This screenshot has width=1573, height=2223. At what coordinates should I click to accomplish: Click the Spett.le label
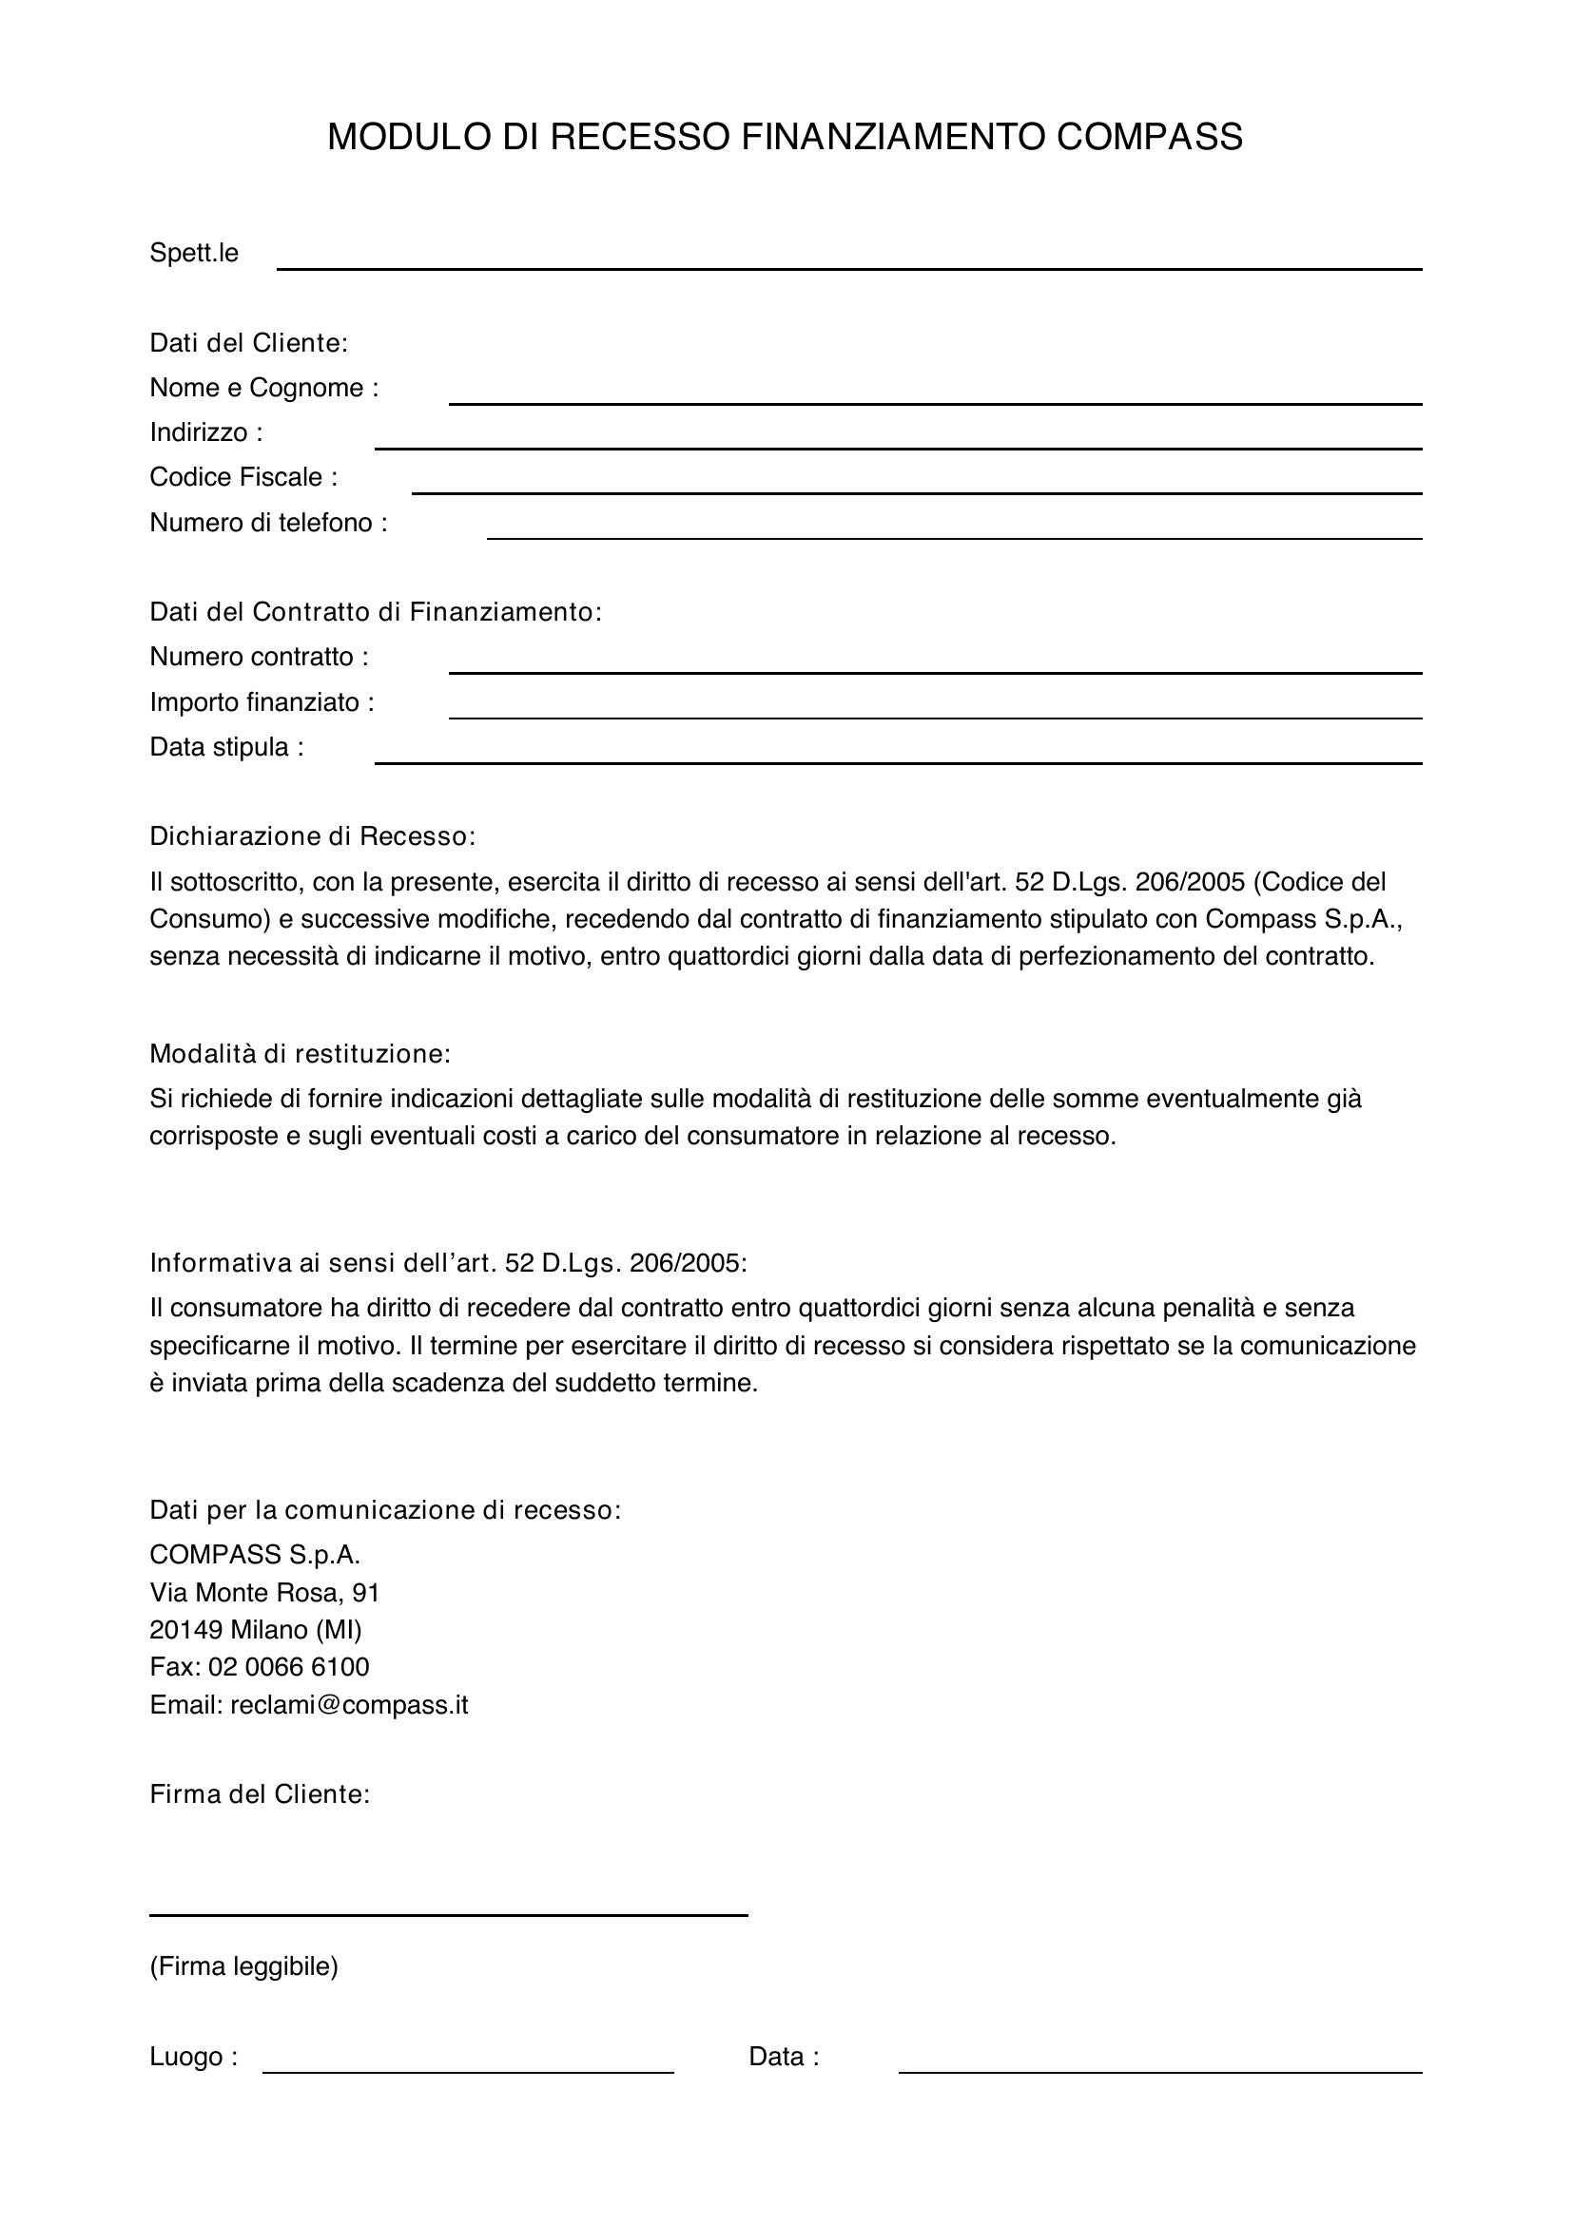(194, 254)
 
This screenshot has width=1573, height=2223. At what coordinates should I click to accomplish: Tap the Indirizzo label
(205, 432)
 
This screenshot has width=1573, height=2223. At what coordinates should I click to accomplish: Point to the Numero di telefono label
(268, 523)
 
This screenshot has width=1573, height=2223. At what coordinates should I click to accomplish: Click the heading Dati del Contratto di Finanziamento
(376, 612)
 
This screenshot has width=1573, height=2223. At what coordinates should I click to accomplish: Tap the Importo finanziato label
(262, 702)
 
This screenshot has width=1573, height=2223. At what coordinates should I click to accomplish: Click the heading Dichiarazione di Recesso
(313, 836)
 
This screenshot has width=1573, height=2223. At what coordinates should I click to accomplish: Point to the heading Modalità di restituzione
(301, 1053)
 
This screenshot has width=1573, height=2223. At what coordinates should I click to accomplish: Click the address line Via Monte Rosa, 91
(264, 1593)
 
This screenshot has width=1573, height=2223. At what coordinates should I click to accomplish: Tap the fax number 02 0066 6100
(289, 1667)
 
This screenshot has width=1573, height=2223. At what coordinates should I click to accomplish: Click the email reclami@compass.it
(349, 1705)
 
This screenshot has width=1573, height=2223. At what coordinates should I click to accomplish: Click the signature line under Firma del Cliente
(449, 1913)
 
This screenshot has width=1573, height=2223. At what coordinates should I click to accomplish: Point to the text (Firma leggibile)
(244, 1966)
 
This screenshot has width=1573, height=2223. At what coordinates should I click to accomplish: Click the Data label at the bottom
(784, 2057)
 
